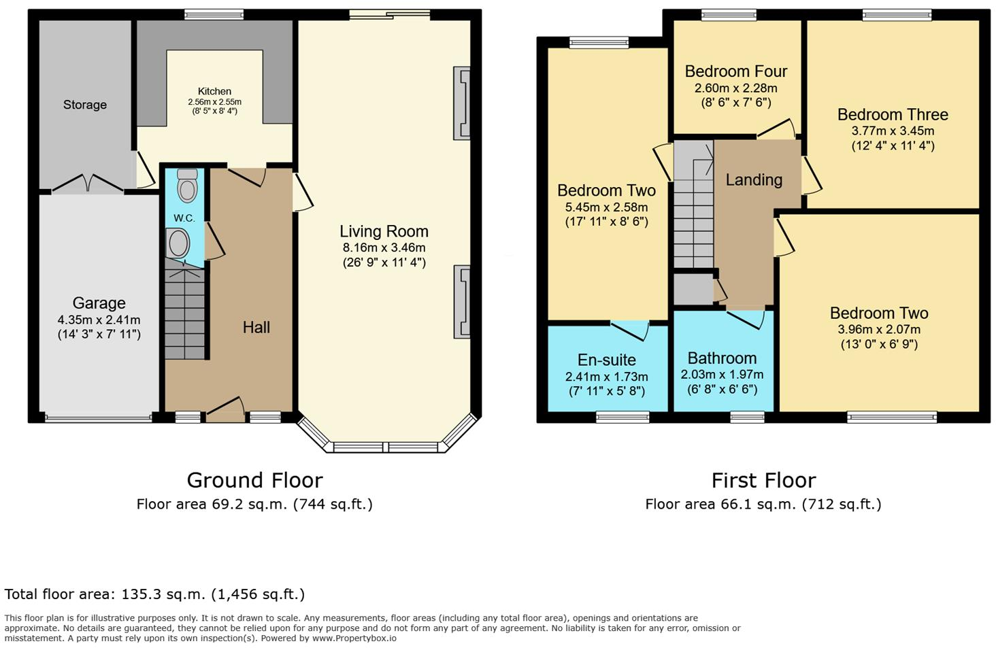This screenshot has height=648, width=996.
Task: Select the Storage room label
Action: pyautogui.click(x=85, y=105)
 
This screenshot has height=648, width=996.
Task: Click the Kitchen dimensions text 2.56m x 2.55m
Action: pyautogui.click(x=214, y=102)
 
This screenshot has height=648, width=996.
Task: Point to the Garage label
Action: pyautogui.click(x=99, y=303)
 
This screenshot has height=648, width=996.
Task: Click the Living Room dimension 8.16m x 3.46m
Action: pyautogui.click(x=384, y=248)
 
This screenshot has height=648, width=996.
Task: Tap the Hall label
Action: pyautogui.click(x=256, y=328)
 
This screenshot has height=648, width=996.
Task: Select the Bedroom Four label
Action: pyautogui.click(x=735, y=71)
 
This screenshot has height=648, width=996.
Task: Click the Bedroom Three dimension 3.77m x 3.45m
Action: pyautogui.click(x=893, y=131)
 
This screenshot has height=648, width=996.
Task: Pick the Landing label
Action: pyautogui.click(x=754, y=180)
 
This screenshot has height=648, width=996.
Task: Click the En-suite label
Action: pyautogui.click(x=606, y=360)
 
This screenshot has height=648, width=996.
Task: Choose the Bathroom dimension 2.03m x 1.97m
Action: pyautogui.click(x=722, y=375)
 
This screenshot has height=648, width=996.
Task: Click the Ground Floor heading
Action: pyautogui.click(x=254, y=481)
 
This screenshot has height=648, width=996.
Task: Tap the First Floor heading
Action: pyautogui.click(x=763, y=481)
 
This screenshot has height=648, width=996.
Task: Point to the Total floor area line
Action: pyautogui.click(x=154, y=594)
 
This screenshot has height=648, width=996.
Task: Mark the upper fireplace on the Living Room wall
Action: pyautogui.click(x=462, y=103)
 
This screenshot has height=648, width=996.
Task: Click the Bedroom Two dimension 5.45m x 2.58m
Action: pyautogui.click(x=606, y=207)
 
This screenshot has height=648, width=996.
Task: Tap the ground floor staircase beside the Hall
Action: pyautogui.click(x=185, y=313)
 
